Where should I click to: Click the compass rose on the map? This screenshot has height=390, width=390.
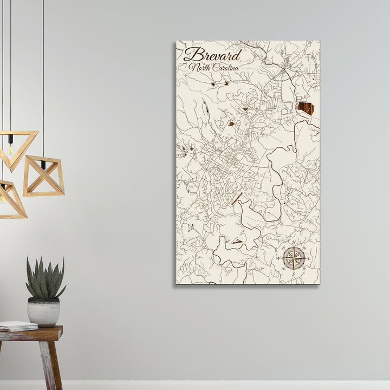click(294, 258)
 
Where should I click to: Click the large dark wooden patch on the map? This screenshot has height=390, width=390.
click(305, 108)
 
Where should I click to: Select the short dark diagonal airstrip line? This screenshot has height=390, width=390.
click(236, 198)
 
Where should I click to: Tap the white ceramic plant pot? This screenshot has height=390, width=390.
click(44, 311)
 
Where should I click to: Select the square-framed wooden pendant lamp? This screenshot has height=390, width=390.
click(43, 175)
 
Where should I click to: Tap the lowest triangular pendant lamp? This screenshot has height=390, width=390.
click(11, 200)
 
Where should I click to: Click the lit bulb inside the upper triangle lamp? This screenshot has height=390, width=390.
click(10, 148)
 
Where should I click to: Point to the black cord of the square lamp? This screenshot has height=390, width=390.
click(43, 81)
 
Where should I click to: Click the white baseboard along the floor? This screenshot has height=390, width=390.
click(217, 385)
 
